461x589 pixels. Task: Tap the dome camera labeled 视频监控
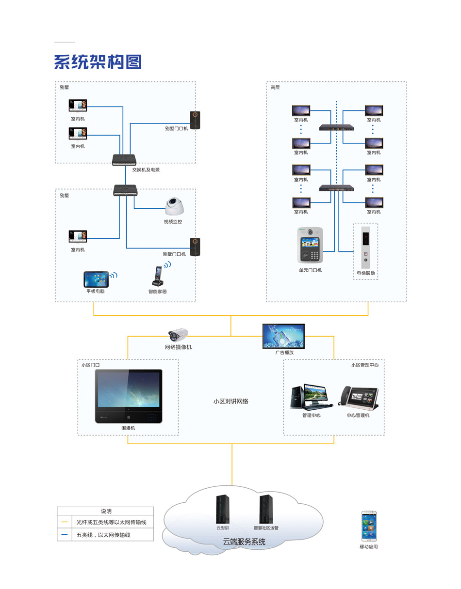174,207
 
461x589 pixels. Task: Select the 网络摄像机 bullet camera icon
178,335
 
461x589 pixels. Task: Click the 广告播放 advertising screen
283,336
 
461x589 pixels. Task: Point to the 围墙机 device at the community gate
129,396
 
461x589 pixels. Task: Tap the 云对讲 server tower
223,509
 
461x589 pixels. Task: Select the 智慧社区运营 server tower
265,509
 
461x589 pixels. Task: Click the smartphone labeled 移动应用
368,527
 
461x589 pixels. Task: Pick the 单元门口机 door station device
310,245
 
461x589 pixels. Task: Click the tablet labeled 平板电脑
96,279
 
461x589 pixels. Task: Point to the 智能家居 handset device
158,277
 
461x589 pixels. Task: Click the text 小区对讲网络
231,402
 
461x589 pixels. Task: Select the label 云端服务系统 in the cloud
244,542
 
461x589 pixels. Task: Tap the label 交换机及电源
146,170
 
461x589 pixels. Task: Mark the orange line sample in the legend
65,523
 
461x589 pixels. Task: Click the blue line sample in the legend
65,535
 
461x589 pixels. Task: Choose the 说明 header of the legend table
106,511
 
